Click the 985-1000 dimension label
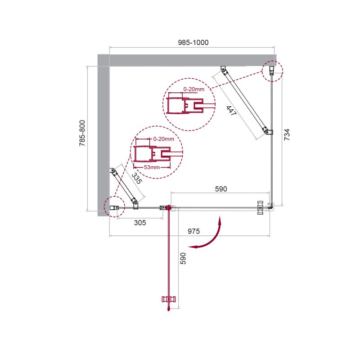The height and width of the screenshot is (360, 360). pyautogui.click(x=193, y=42)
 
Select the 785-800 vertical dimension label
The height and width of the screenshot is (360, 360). pyautogui.click(x=82, y=133)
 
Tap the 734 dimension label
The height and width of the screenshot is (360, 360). pyautogui.click(x=287, y=135)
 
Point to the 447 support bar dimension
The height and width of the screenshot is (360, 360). pyautogui.click(x=231, y=111)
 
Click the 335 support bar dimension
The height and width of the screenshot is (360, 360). pyautogui.click(x=137, y=178)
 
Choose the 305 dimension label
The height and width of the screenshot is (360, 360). pyautogui.click(x=140, y=222)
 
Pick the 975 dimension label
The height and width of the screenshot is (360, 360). pyautogui.click(x=193, y=231)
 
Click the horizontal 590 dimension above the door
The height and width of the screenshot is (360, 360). pyautogui.click(x=221, y=189)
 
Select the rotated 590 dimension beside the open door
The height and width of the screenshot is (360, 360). pyautogui.click(x=183, y=258)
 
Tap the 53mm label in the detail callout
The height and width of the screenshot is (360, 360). pyautogui.click(x=152, y=167)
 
